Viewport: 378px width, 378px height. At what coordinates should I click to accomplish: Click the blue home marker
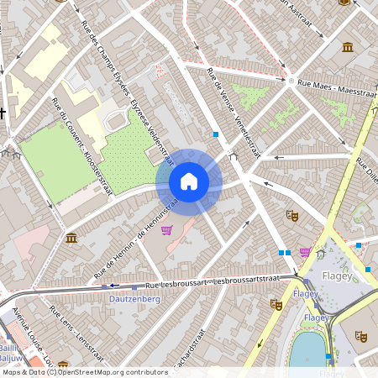click(189, 181)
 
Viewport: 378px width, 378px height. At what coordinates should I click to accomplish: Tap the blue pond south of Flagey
click(308, 349)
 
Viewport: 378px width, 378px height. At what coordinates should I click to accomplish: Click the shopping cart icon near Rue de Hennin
click(166, 230)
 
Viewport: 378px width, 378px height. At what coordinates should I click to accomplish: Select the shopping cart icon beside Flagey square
click(304, 251)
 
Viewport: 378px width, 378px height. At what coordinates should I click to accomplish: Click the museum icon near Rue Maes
click(347, 46)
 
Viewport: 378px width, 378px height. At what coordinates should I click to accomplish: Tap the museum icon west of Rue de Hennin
click(71, 238)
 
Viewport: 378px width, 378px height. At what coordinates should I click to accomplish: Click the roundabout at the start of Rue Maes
click(291, 81)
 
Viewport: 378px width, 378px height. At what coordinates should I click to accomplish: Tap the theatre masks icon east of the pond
click(361, 335)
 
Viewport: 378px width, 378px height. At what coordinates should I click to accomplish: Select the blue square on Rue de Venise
click(216, 134)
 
